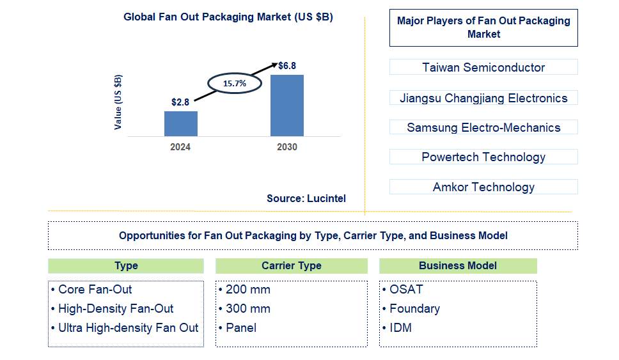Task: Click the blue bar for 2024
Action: pyautogui.click(x=180, y=123)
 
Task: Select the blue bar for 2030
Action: pyautogui.click(x=286, y=106)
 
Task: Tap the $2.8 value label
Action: pyautogui.click(x=180, y=102)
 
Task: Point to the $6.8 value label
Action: pyautogui.click(x=287, y=65)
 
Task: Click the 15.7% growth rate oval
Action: pyautogui.click(x=234, y=83)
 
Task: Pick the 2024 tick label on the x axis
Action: pyautogui.click(x=180, y=146)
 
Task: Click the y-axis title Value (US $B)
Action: pyautogui.click(x=118, y=102)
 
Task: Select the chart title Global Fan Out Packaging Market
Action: pyautogui.click(x=228, y=17)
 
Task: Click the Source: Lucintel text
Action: pyautogui.click(x=306, y=198)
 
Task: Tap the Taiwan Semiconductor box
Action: pyautogui.click(x=483, y=67)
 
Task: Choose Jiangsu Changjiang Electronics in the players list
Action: pyautogui.click(x=483, y=98)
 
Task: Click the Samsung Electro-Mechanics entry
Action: pyautogui.click(x=483, y=127)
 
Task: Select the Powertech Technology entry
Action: pyautogui.click(x=483, y=157)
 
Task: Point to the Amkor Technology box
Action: pyautogui.click(x=483, y=187)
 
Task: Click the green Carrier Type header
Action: pyautogui.click(x=292, y=266)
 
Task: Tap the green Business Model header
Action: pyautogui.click(x=458, y=266)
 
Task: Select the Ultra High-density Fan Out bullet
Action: pyautogui.click(x=128, y=327)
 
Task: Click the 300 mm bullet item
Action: pyautogui.click(x=247, y=308)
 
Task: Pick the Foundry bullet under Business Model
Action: pyautogui.click(x=414, y=308)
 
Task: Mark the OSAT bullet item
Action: pyautogui.click(x=406, y=289)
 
